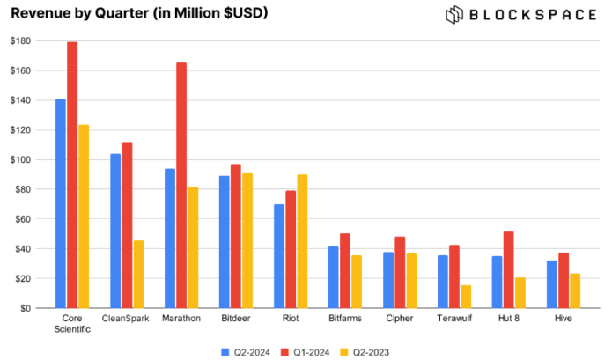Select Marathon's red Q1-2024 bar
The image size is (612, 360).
pos(181,185)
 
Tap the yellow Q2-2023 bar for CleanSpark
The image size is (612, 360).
pos(139,274)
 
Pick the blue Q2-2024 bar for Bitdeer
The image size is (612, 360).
pos(225,241)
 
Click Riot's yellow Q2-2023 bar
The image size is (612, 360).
pos(303,241)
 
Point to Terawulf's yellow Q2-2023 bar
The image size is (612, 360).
pos(466,296)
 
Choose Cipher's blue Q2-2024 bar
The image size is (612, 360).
pos(388,280)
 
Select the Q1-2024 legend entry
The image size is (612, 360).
pos(306,351)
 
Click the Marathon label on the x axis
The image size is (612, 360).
pos(181,318)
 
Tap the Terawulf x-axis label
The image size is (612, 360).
pos(453,318)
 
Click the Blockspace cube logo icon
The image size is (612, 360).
pos(454,14)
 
